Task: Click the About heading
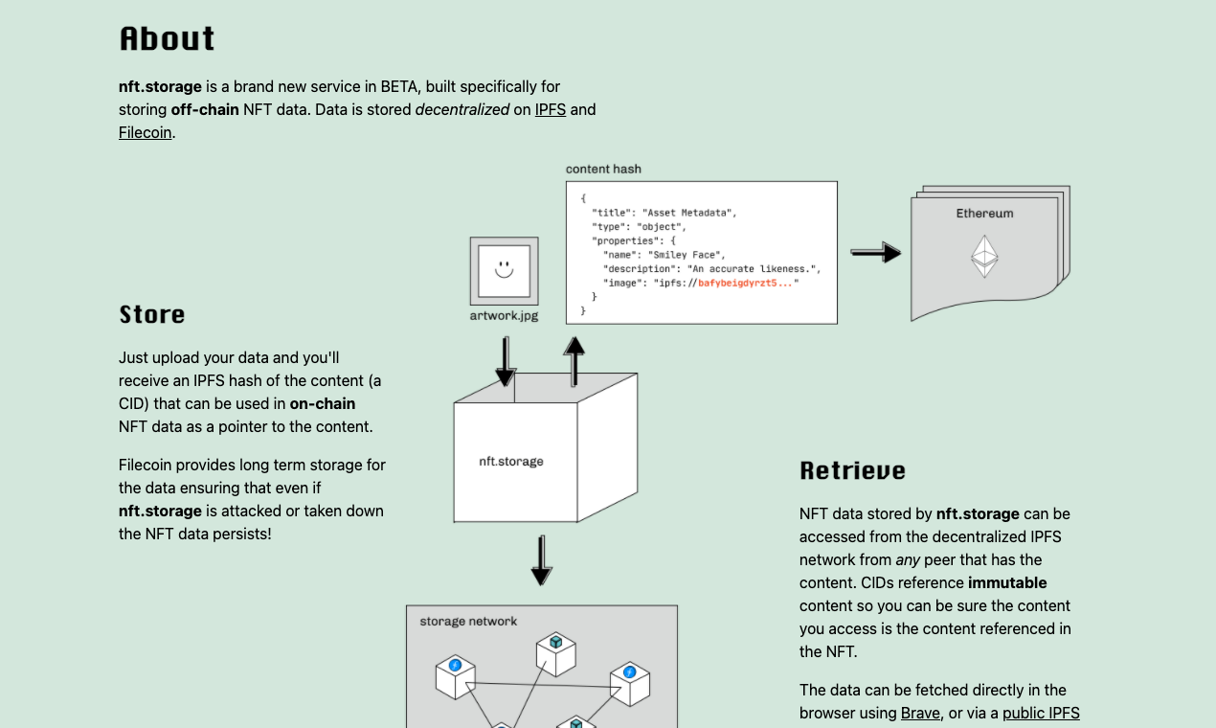pos(168,39)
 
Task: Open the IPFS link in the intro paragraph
pos(551,109)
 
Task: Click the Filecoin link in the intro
pos(146,132)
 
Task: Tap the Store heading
pos(152,315)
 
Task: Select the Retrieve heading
pos(852,471)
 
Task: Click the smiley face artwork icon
pos(504,269)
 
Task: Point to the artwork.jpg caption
pos(504,315)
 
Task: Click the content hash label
pos(603,170)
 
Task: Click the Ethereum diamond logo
pos(984,257)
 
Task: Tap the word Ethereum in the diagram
pos(984,214)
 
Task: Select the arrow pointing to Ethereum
pos(875,253)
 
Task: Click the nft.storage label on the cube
pos(511,461)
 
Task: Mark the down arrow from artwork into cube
pos(506,361)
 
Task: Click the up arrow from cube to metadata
pos(574,359)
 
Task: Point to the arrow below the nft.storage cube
pos(541,560)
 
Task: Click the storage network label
pos(468,622)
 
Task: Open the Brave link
pos(920,713)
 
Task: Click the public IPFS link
pos(1041,713)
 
